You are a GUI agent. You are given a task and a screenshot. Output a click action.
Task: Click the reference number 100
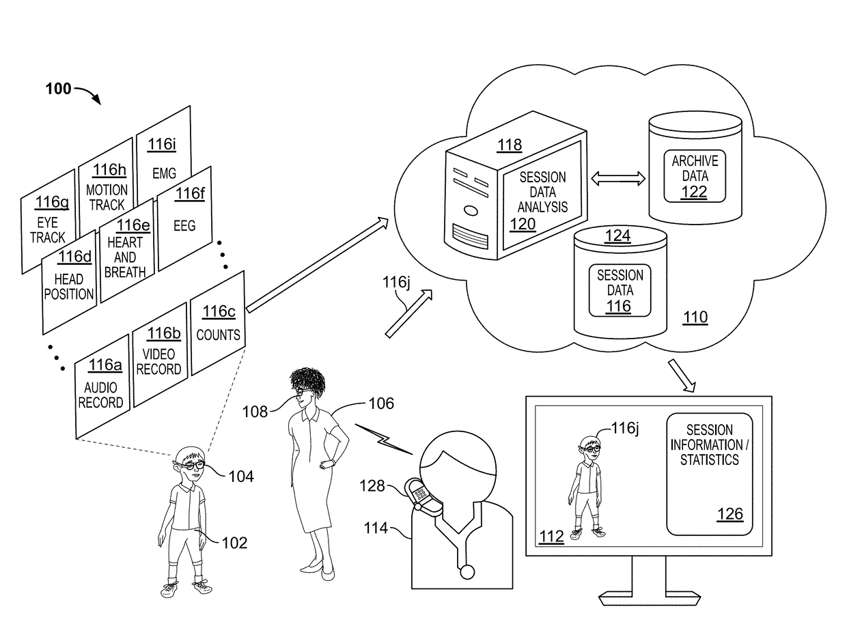click(x=58, y=89)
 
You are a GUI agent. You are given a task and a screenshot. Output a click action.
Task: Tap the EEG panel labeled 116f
click(x=184, y=218)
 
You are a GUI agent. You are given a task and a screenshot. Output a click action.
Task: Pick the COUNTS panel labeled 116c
click(x=218, y=323)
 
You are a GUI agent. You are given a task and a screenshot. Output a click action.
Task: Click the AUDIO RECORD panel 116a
click(x=102, y=386)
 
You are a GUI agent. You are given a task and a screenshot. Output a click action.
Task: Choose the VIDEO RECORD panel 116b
click(x=160, y=354)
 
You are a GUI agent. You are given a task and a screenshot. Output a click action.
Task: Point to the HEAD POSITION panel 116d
click(x=69, y=282)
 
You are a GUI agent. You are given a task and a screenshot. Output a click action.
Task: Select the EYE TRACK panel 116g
click(x=48, y=222)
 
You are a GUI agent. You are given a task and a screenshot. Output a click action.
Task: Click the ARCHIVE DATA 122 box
click(x=694, y=175)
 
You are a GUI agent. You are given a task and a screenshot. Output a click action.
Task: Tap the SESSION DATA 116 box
click(x=620, y=290)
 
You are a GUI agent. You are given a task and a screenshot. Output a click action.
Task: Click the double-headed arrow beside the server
click(x=617, y=178)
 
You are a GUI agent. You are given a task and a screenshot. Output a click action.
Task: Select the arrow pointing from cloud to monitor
click(x=682, y=375)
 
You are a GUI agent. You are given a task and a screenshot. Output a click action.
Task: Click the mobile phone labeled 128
click(x=422, y=497)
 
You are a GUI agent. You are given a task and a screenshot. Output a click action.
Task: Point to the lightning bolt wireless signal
click(x=384, y=440)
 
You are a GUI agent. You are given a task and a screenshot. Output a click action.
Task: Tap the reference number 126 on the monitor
click(x=730, y=514)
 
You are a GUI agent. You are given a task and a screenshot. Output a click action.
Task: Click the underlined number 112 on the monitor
click(x=551, y=536)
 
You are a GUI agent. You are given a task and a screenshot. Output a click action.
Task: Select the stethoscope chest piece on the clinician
click(x=467, y=572)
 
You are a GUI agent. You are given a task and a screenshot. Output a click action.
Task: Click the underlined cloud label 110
click(x=695, y=317)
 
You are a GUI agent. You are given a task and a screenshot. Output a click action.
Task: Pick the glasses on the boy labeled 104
click(x=192, y=466)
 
